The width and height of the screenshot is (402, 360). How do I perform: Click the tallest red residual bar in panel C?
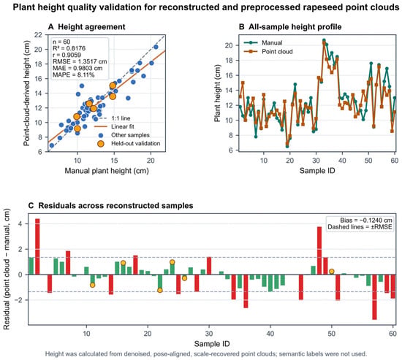tap(37, 247)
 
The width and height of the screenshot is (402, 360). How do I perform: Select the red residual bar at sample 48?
tap(319, 250)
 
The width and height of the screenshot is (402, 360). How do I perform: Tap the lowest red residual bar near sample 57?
tap(374, 297)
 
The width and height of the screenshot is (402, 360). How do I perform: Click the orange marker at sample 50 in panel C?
tap(332, 272)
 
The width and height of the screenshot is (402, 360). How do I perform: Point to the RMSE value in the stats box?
tap(80, 61)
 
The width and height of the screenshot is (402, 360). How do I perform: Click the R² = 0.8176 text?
tap(69, 48)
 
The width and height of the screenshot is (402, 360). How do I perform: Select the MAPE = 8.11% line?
tap(74, 74)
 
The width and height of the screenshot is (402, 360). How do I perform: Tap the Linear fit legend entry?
tap(114, 126)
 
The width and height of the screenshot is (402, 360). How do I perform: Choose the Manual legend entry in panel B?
tap(263, 43)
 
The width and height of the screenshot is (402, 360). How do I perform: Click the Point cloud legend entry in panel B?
tap(268, 52)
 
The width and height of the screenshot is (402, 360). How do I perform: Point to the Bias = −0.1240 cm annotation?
tap(366, 220)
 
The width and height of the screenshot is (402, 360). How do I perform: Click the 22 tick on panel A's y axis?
tap(38, 34)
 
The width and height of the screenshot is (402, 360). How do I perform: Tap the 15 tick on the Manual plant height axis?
tap(114, 161)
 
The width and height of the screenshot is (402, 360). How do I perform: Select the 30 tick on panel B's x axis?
tap(316, 161)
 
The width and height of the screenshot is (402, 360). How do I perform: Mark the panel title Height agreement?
tap(91, 27)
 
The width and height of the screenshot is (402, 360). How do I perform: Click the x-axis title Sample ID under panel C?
tap(212, 344)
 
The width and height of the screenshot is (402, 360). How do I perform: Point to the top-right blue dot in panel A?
tap(156, 47)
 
